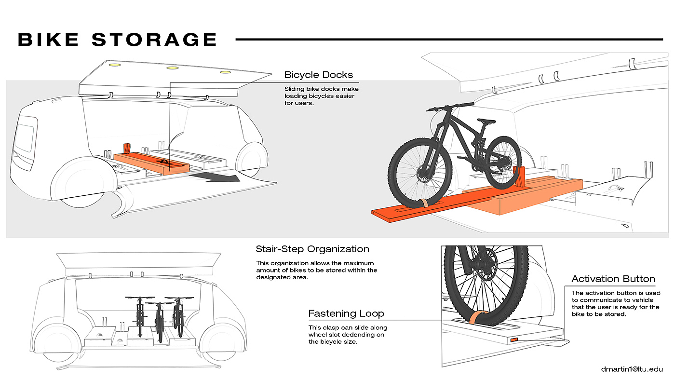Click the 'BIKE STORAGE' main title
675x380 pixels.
pos(117,40)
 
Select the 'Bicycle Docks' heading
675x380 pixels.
pos(319,75)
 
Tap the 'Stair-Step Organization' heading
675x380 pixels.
pos(312,249)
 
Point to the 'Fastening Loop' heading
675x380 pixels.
pos(346,313)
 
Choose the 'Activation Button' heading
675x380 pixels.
pos(613,279)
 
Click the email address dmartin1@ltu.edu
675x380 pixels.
pos(632,369)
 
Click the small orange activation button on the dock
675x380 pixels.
pos(514,340)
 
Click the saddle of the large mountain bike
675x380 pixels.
pos(486,121)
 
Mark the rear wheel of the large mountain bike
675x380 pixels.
pos(503,163)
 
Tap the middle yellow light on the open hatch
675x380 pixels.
pos(173,68)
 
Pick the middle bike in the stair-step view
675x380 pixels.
pos(159,322)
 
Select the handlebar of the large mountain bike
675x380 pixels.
pos(450,107)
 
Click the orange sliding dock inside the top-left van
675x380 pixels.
pos(151,163)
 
